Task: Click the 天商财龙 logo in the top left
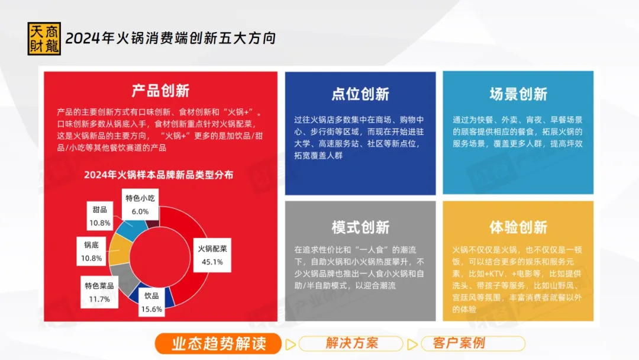click(44, 38)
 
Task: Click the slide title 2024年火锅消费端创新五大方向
click(170, 38)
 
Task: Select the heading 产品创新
click(160, 91)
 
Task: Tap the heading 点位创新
click(360, 94)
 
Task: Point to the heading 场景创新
click(518, 94)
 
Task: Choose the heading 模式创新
click(360, 227)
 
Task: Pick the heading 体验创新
click(518, 227)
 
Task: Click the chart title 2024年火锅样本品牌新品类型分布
click(159, 175)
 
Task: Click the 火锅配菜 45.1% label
click(212, 255)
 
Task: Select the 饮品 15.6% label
click(151, 302)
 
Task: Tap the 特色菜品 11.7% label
click(99, 292)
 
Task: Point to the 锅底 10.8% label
click(91, 251)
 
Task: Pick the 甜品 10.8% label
click(100, 216)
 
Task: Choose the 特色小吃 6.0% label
click(140, 205)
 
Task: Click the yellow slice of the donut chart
click(120, 249)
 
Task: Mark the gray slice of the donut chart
click(125, 277)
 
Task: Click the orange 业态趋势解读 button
click(218, 343)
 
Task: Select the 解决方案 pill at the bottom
click(351, 343)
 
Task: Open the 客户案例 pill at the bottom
click(473, 343)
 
